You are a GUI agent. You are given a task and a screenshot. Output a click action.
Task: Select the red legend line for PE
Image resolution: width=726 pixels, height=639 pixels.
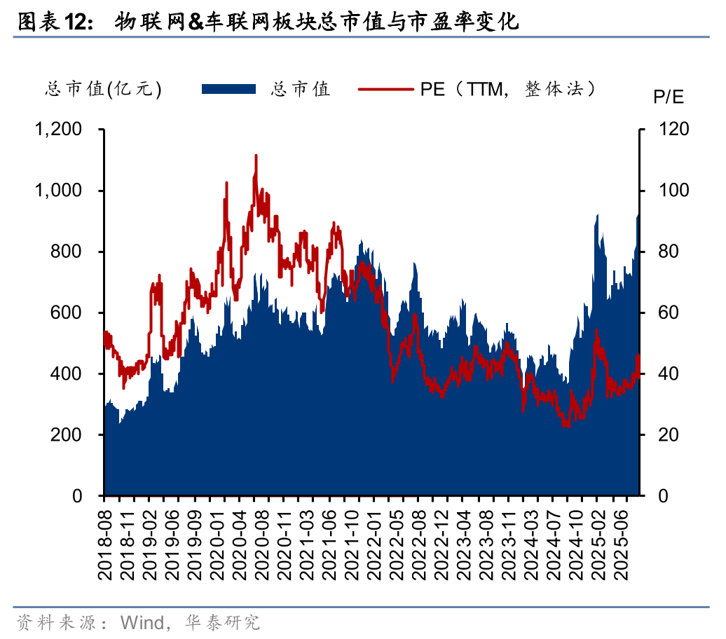pyautogui.click(x=386, y=89)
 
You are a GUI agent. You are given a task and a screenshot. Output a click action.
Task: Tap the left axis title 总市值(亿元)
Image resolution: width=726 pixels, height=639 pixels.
pyautogui.click(x=104, y=89)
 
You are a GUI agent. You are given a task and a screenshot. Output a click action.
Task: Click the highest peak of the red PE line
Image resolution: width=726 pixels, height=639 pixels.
pyautogui.click(x=256, y=156)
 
